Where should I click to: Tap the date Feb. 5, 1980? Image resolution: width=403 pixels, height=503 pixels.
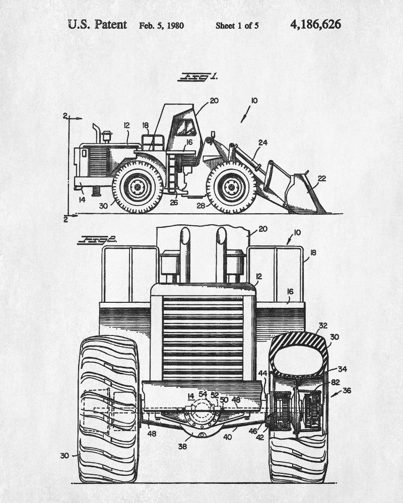162,25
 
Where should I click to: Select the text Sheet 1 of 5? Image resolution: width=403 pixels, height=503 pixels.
237,25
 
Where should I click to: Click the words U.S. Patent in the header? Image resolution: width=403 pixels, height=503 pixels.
97,25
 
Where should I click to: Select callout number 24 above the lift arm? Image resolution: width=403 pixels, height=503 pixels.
262,143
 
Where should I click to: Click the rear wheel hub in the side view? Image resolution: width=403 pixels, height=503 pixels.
137,187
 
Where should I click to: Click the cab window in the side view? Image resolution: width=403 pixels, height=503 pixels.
185,128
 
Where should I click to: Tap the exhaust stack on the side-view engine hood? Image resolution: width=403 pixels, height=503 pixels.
96,135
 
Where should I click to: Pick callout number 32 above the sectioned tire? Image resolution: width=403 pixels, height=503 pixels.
322,325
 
